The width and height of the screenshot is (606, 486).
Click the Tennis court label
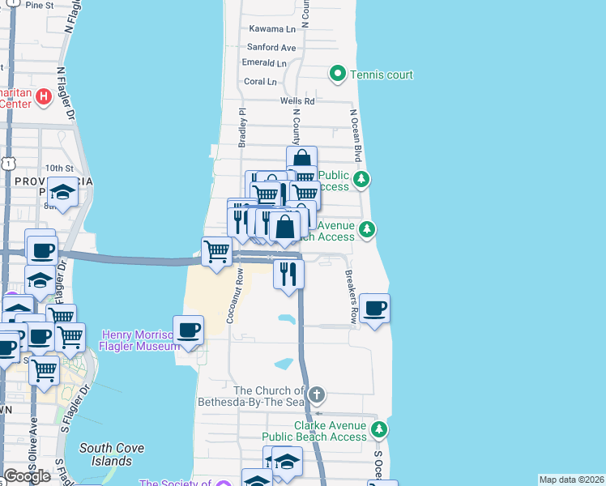coord(382,75)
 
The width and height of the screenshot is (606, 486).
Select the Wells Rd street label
coord(297,100)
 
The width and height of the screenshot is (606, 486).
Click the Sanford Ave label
coord(271,48)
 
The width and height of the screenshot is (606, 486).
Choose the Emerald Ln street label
coord(265,63)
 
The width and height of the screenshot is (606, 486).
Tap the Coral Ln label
coord(260,82)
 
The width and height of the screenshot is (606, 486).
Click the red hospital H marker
coord(44,98)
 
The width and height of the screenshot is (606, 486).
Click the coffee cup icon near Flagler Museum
coord(189,330)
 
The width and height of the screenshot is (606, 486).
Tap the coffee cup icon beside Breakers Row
coord(374,308)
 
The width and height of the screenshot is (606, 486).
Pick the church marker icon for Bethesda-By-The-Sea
coord(316,395)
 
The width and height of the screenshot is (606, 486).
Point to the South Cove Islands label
coord(105,454)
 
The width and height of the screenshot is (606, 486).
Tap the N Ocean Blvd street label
coord(355,136)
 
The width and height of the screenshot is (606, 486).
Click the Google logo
coord(27,475)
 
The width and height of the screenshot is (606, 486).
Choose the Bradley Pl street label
coord(241,127)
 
